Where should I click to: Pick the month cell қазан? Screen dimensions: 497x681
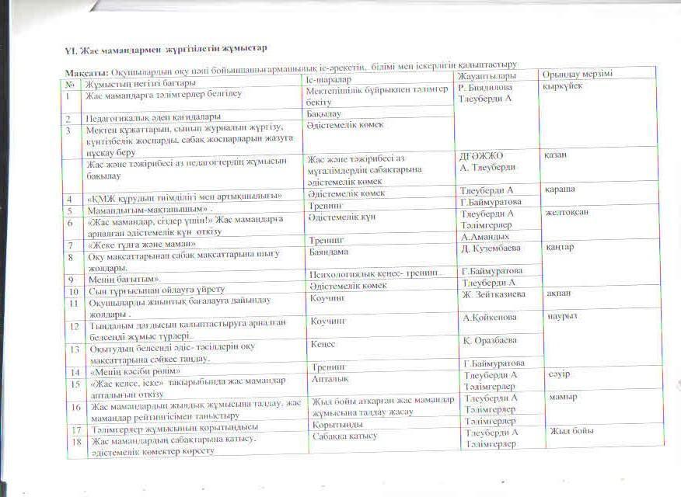click(x=556, y=155)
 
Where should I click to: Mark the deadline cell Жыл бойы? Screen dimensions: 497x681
click(x=571, y=430)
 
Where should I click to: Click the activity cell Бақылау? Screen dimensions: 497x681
click(x=324, y=114)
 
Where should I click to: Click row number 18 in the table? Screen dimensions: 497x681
click(x=76, y=441)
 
